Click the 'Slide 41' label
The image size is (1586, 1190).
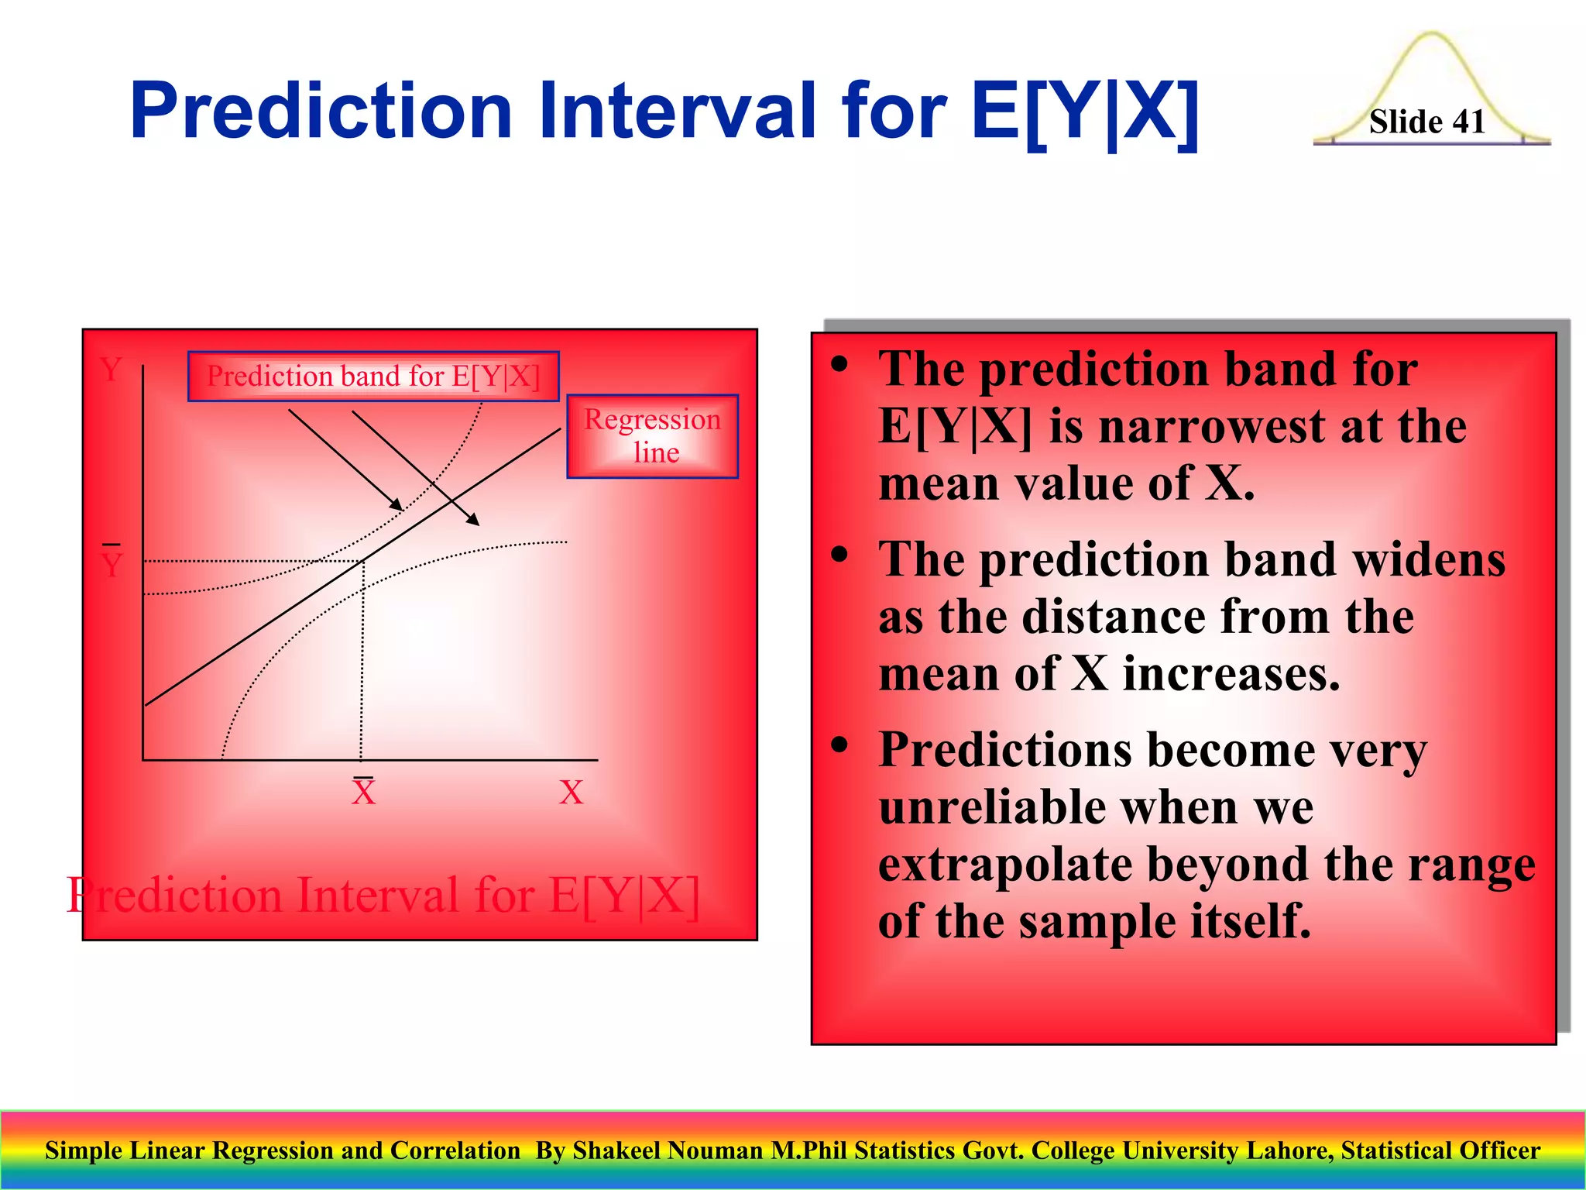(1426, 122)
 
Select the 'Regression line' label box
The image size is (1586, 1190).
(652, 435)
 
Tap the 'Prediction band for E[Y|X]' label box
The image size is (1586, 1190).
(372, 377)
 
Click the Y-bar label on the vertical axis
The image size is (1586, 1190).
(112, 562)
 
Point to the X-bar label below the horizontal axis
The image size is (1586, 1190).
(363, 791)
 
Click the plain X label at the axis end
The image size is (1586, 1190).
(571, 793)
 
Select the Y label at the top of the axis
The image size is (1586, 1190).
(112, 370)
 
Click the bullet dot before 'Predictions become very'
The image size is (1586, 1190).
(839, 745)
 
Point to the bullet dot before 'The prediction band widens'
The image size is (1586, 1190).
(839, 555)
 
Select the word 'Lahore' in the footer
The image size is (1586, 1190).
(1298, 1150)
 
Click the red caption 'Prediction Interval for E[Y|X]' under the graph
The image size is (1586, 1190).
(383, 896)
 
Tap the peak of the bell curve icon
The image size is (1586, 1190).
(1431, 35)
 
